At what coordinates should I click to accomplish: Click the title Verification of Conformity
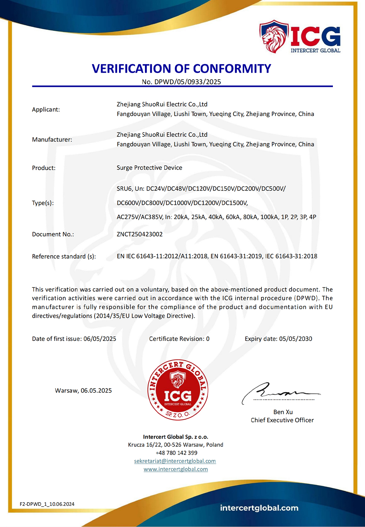coord(181,69)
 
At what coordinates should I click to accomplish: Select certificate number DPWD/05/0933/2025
coord(188,82)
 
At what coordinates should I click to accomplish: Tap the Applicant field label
coord(46,109)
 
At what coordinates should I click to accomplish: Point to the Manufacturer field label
coord(52,139)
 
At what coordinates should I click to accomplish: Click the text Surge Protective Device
coord(149,168)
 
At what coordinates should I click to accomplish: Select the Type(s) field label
coord(43,203)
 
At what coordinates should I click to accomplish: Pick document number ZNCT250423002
coord(140,234)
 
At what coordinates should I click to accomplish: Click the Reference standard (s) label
coord(64,256)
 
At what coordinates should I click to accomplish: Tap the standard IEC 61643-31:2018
coord(291,256)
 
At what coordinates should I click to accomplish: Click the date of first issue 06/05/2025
coord(100,339)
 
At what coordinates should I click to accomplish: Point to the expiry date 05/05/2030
coord(296,339)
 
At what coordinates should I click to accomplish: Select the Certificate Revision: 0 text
coord(179,339)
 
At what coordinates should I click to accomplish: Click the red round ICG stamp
coord(178,390)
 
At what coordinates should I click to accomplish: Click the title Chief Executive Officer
coord(282,420)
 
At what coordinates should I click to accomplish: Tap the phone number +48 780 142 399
coord(176,453)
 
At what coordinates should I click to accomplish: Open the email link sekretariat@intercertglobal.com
coord(175,461)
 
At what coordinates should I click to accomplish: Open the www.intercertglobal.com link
coord(176,469)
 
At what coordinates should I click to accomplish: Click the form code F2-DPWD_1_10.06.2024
coord(47,504)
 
